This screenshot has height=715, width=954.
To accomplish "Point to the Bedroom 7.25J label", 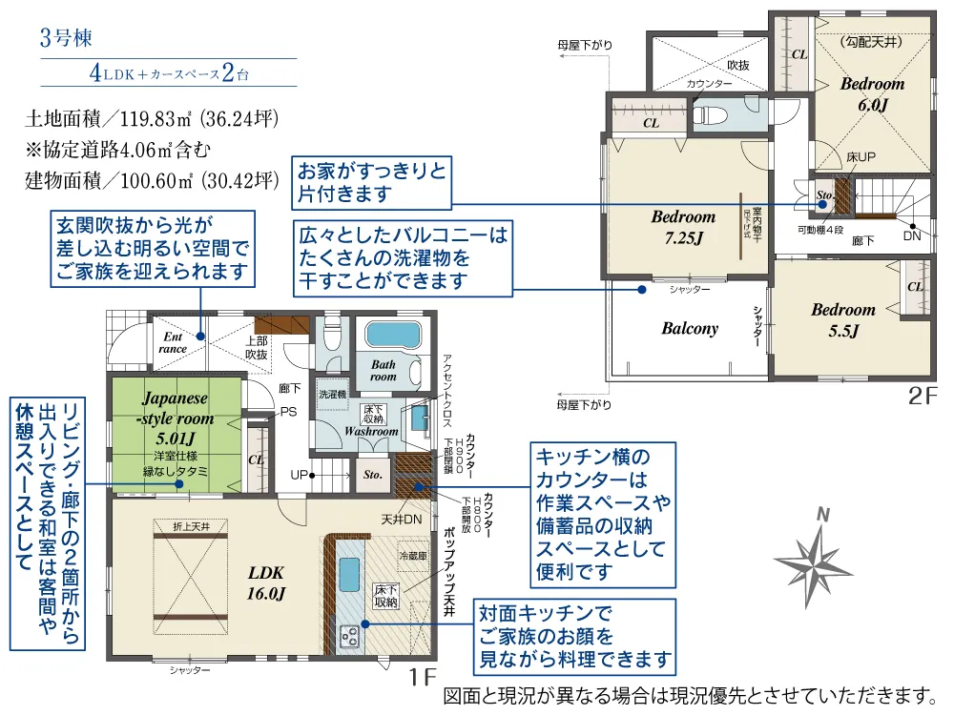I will point(683,227).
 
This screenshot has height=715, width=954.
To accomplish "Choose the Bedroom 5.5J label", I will point(842,320).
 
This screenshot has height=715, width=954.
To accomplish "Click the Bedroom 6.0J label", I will point(872,94).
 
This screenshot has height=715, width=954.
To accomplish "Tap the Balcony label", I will point(689,329).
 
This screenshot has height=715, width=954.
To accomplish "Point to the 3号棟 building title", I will point(66,39).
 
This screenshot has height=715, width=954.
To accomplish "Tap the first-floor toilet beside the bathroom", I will point(331,336).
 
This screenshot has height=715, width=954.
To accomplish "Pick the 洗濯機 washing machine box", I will point(332,394).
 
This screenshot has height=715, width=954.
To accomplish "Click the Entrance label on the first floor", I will point(173,342).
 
